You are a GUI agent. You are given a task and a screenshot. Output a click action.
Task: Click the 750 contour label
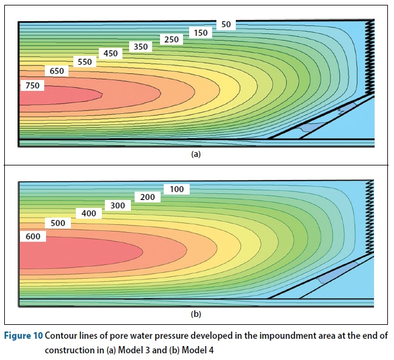click(x=32, y=86)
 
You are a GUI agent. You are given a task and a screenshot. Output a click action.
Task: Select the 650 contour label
click(x=57, y=71)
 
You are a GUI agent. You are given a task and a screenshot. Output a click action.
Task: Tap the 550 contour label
click(x=84, y=62)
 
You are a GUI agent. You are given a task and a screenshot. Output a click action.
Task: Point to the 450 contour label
click(x=110, y=53)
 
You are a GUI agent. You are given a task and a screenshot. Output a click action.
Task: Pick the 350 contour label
click(x=140, y=46)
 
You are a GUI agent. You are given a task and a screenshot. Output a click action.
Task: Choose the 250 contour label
click(x=172, y=39)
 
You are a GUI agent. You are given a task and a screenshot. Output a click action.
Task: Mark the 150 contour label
click(x=200, y=32)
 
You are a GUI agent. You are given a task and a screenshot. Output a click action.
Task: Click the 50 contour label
click(x=226, y=24)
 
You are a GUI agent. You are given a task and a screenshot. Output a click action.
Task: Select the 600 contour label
click(x=33, y=236)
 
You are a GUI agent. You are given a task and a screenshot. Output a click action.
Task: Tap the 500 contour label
click(x=58, y=223)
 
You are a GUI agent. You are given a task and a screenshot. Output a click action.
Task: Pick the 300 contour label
click(x=118, y=205)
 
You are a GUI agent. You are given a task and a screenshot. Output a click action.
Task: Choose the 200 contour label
click(x=147, y=197)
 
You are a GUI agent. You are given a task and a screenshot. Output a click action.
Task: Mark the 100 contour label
click(x=176, y=189)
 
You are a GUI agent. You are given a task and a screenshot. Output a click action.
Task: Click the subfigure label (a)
click(x=195, y=155)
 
